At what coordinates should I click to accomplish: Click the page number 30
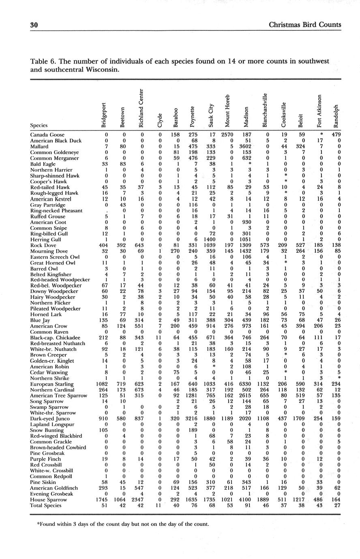(34, 25)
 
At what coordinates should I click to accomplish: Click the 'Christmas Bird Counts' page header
(305, 25)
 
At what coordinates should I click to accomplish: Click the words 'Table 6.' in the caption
(43, 62)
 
